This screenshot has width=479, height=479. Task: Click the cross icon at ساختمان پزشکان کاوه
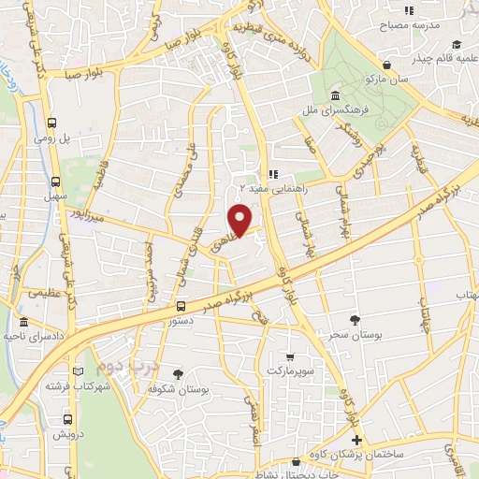coord(356,440)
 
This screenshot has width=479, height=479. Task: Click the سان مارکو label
coord(392,81)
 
